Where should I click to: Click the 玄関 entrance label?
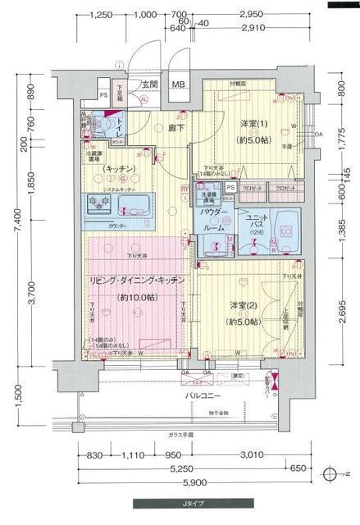click(x=148, y=84)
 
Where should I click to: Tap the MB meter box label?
click(x=178, y=84)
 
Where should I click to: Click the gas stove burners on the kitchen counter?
click(x=94, y=203)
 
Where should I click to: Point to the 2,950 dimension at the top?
click(x=250, y=15)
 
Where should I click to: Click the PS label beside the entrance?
click(x=103, y=94)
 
